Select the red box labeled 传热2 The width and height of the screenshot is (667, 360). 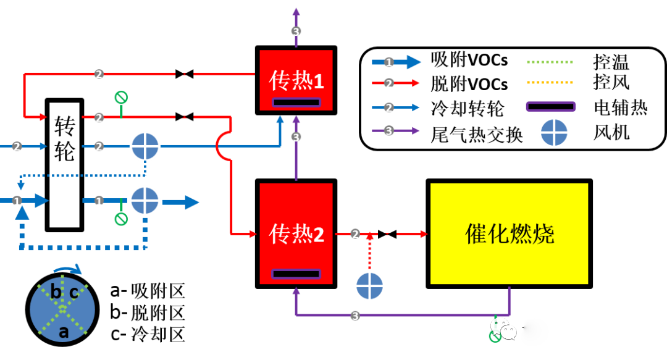click(x=296, y=234)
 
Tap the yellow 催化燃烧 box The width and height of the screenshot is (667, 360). click(x=509, y=234)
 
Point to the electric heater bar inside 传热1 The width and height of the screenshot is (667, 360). click(x=296, y=102)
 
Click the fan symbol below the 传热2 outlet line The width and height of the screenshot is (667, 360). click(x=370, y=286)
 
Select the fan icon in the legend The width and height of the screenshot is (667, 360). click(x=554, y=132)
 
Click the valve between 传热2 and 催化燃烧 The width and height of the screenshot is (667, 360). click(x=388, y=234)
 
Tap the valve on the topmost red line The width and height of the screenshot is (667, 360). click(x=184, y=74)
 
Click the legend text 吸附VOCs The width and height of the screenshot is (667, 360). click(x=469, y=60)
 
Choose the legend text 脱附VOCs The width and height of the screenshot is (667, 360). click(x=469, y=83)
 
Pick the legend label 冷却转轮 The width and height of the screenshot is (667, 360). click(x=468, y=107)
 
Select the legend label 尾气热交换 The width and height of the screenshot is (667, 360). click(x=476, y=133)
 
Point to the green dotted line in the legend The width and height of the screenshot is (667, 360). click(x=550, y=61)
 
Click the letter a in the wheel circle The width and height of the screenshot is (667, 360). click(x=63, y=332)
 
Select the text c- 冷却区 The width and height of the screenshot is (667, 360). click(x=148, y=334)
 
